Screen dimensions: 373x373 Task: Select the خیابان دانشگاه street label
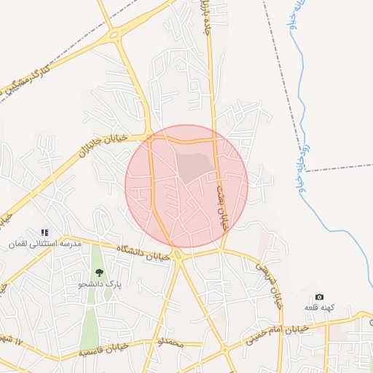pyautogui.click(x=145, y=252)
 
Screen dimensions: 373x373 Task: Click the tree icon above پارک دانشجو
pyautogui.click(x=99, y=272)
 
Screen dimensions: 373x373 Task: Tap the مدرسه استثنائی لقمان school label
pyautogui.click(x=44, y=244)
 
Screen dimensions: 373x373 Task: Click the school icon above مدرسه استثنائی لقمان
pyautogui.click(x=45, y=232)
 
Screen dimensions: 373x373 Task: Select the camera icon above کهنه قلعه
pyautogui.click(x=319, y=297)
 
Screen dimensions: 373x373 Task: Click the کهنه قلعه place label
pyautogui.click(x=319, y=308)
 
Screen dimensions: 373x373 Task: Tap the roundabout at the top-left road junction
pyautogui.click(x=114, y=34)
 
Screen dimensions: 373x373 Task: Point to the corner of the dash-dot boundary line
pyautogui.click(x=305, y=170)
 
